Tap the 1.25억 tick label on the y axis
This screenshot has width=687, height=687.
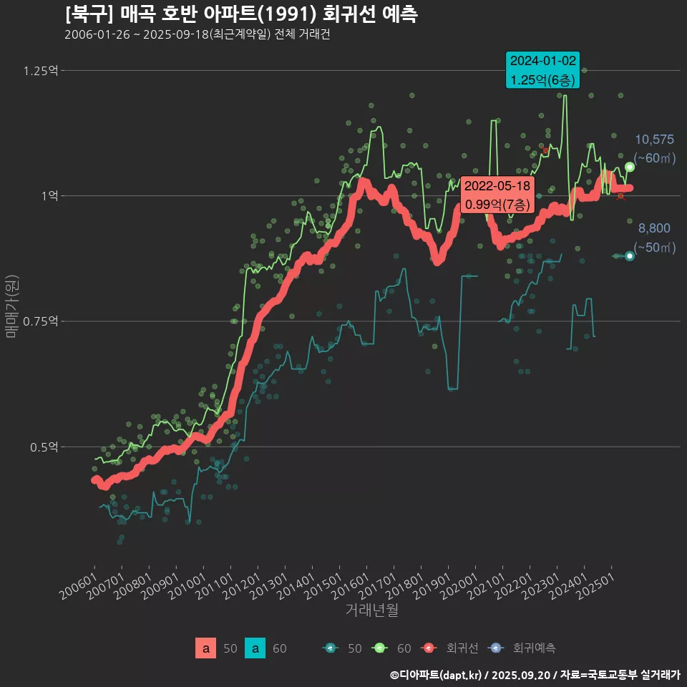point(42,71)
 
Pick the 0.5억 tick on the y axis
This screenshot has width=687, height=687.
point(47,447)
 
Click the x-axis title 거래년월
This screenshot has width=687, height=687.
point(371,610)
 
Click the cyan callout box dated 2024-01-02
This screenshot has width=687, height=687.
point(542,70)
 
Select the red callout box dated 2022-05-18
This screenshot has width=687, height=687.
point(497,195)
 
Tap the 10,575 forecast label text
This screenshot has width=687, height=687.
point(654,140)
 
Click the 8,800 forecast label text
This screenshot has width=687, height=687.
point(654,229)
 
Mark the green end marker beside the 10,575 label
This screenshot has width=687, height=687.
point(630,167)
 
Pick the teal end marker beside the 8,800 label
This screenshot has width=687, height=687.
point(630,256)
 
